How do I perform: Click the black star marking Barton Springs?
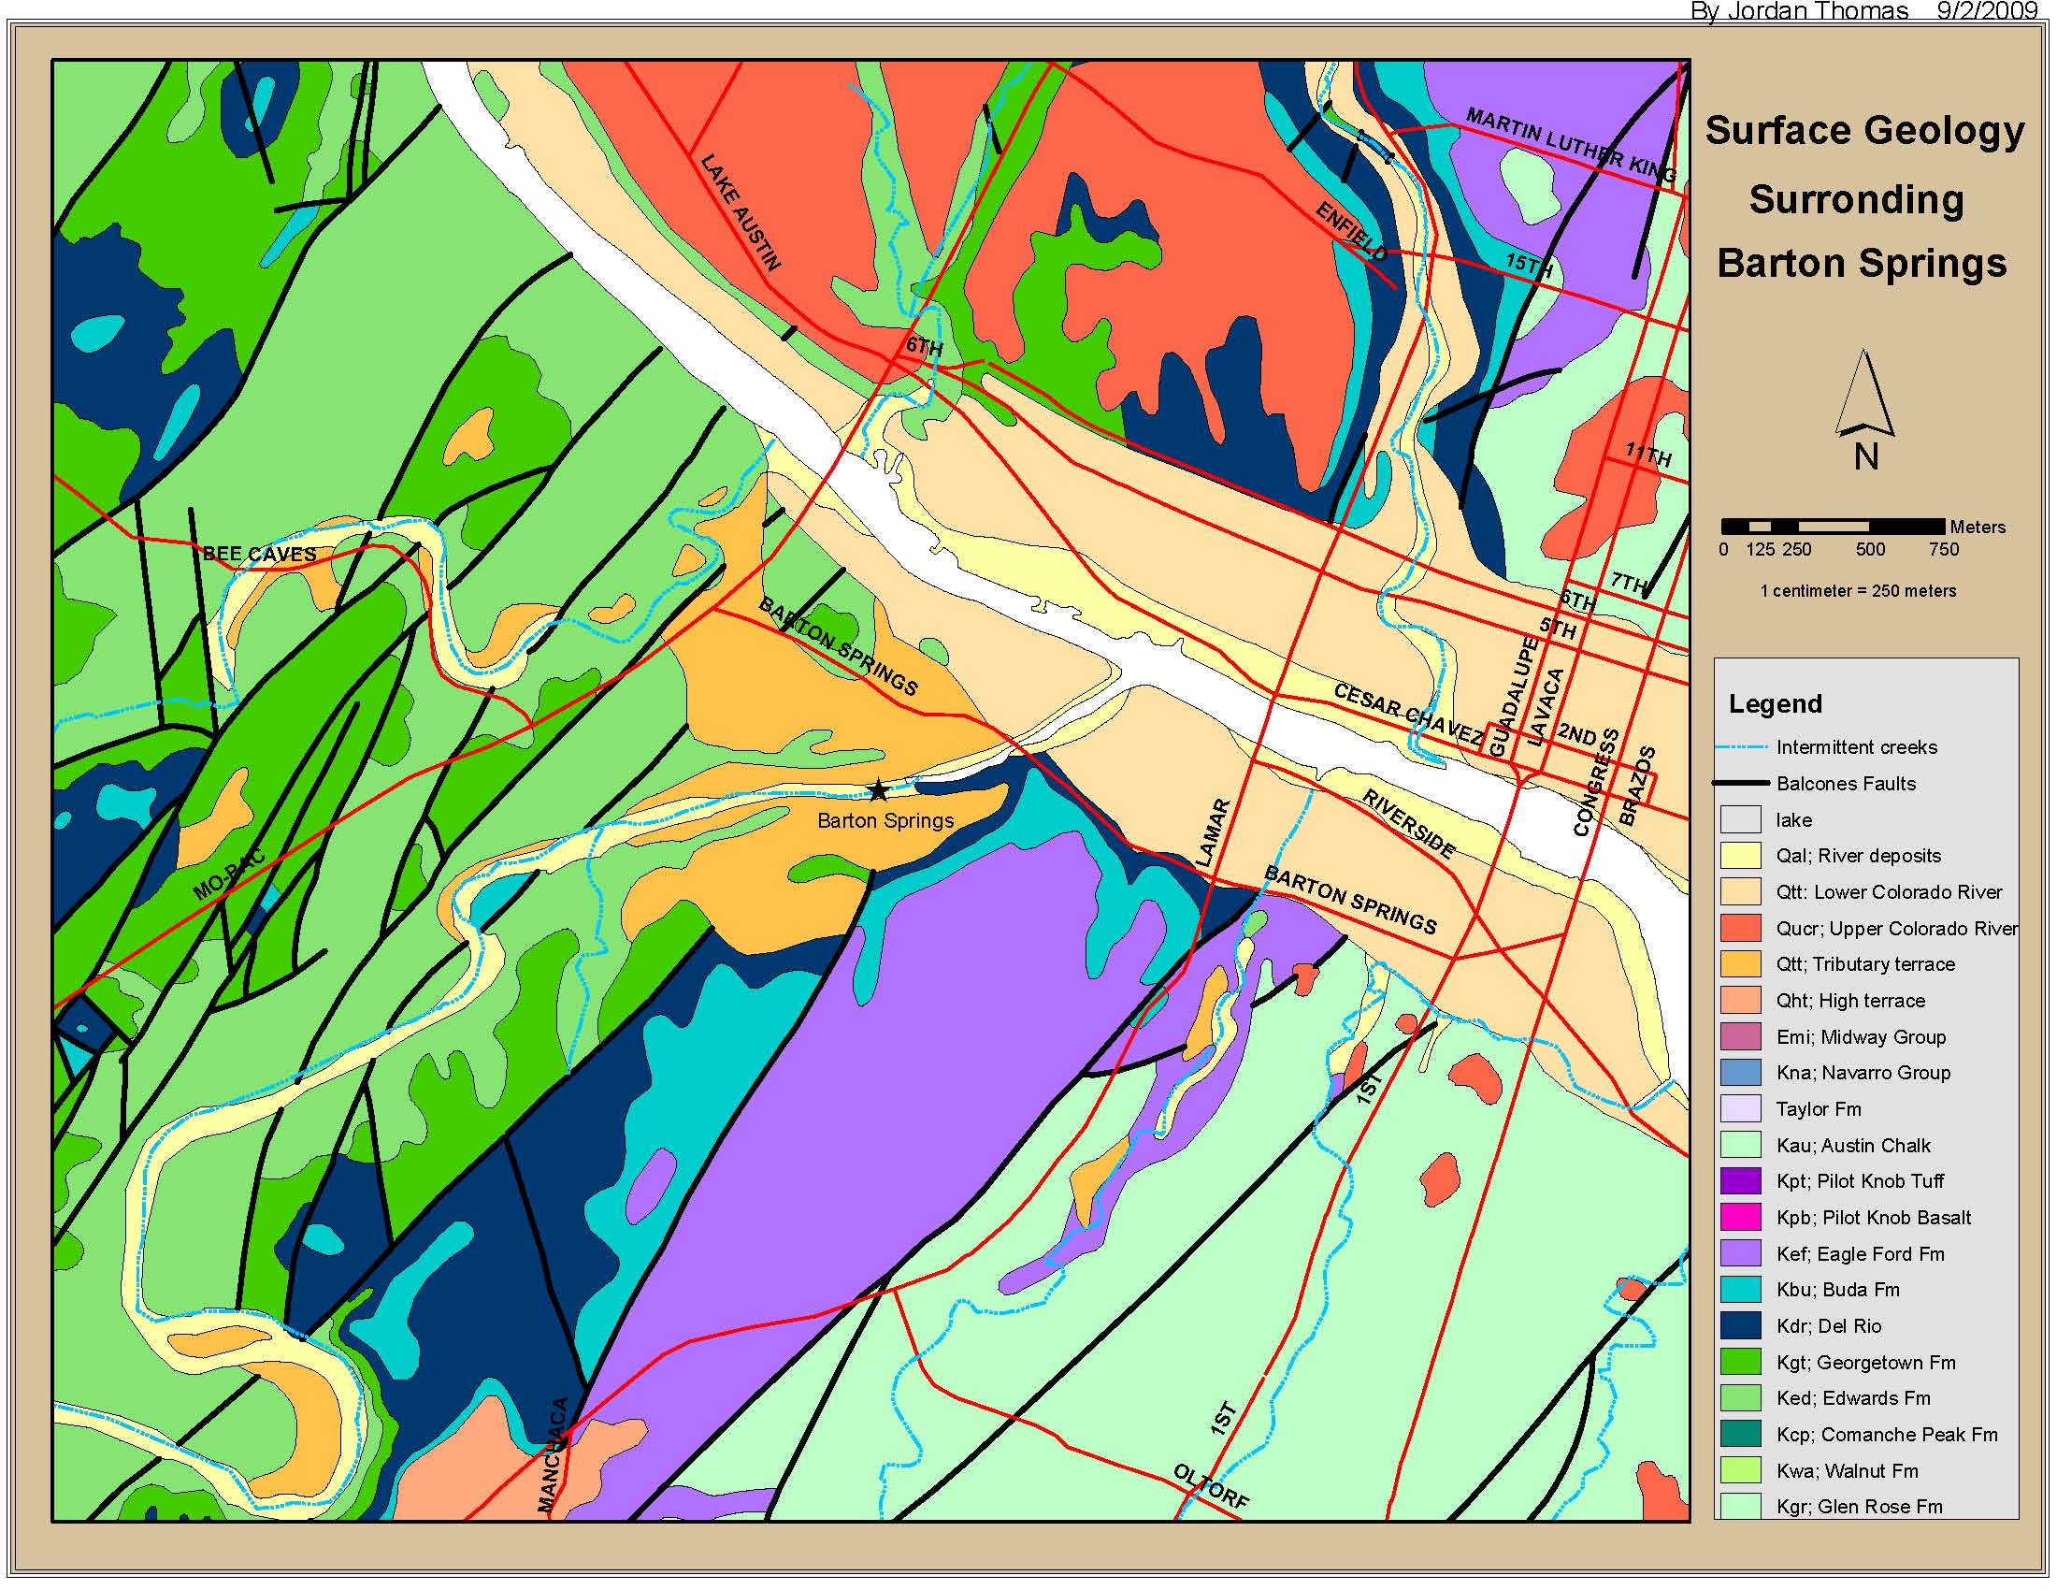tap(878, 790)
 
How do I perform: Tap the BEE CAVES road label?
tap(259, 554)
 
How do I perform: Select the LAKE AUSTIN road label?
tap(741, 213)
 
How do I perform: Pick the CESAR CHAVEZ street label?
tap(1407, 713)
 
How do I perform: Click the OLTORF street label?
tap(1211, 1486)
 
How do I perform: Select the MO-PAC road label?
tap(229, 875)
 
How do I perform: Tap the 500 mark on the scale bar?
tap(1870, 549)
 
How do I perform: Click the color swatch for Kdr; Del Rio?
tap(1741, 1325)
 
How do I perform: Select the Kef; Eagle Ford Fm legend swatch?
tap(1741, 1252)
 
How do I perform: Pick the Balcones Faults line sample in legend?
tap(1741, 783)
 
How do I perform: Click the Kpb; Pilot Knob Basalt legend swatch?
tap(1741, 1217)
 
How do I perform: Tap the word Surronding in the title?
tap(1855, 200)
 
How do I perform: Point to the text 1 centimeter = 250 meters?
tap(1857, 590)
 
